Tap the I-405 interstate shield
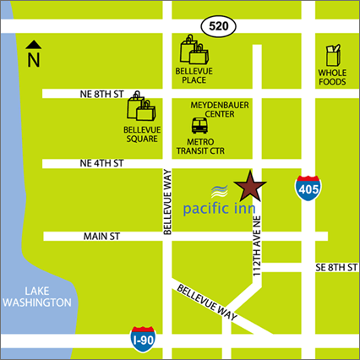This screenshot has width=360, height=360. [308, 188]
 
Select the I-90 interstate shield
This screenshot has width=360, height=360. [145, 340]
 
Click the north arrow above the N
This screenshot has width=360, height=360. [33, 45]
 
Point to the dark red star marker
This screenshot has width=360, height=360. [251, 185]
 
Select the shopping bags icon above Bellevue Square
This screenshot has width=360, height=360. [141, 109]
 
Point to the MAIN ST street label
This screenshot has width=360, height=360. [104, 236]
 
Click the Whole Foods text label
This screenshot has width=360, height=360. [332, 79]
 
